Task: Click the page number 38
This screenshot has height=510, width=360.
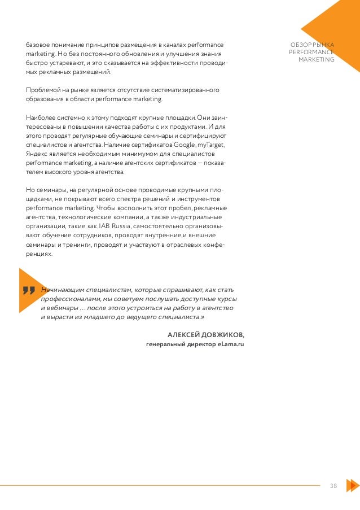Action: [x=333, y=485]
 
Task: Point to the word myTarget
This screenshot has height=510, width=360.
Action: [x=210, y=145]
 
